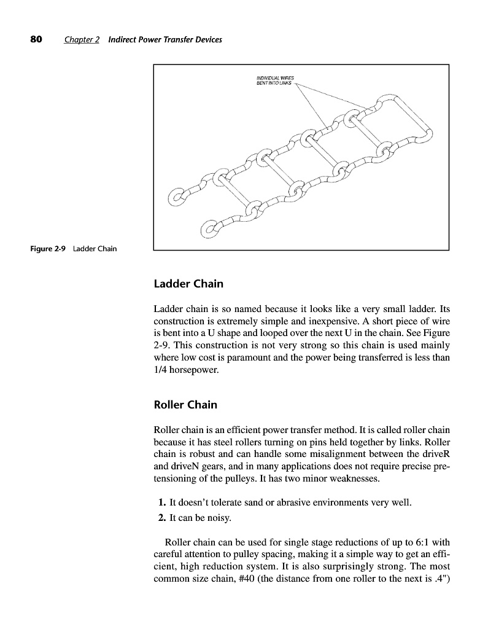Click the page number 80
(x=36, y=39)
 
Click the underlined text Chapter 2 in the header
(x=82, y=40)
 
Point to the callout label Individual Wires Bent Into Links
(x=275, y=80)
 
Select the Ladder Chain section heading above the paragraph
(x=188, y=284)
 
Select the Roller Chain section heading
(x=185, y=405)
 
